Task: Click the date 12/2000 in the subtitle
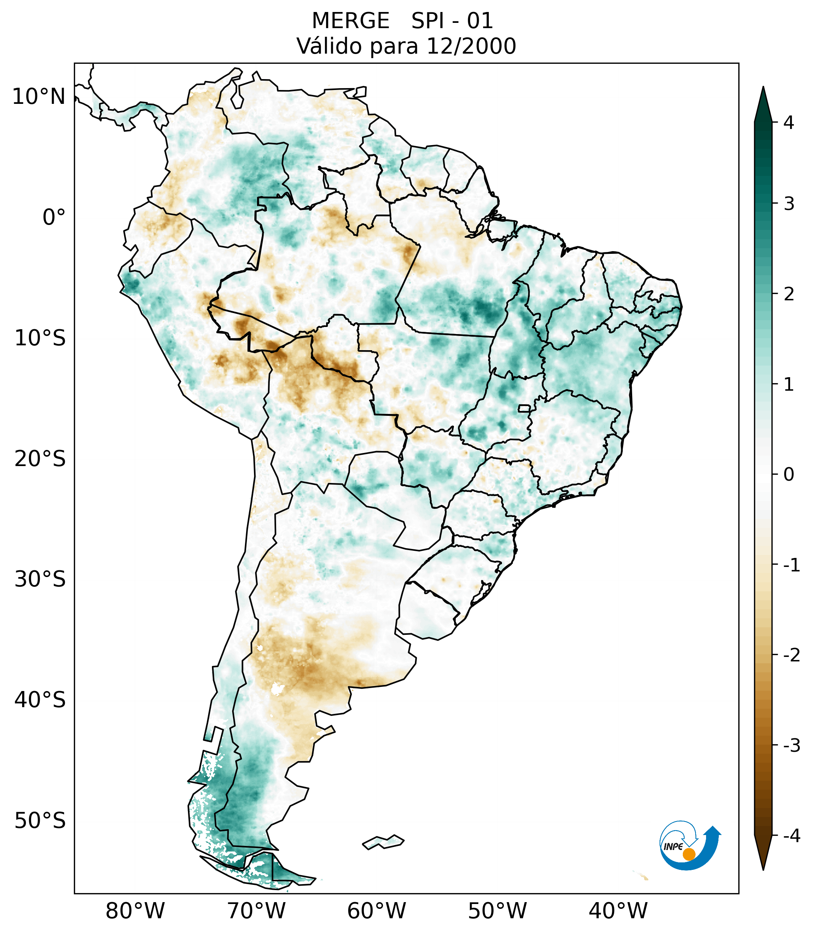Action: (x=471, y=46)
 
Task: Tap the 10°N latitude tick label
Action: (x=39, y=97)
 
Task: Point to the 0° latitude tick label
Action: (x=54, y=217)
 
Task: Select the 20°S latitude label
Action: (x=40, y=459)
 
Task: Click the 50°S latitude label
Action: (x=40, y=821)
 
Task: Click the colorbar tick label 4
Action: (x=789, y=123)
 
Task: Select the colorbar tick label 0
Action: (x=789, y=475)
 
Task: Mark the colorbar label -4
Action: (x=791, y=836)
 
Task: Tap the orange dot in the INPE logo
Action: (x=688, y=854)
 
